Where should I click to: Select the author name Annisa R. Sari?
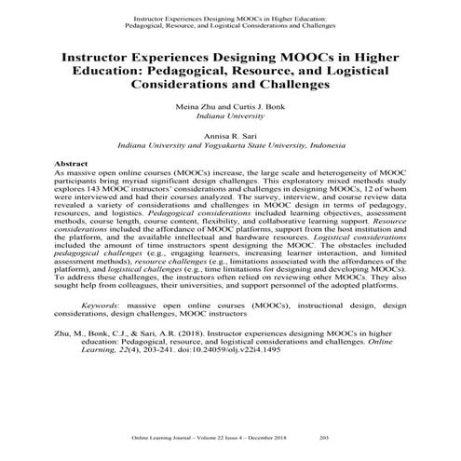click(230, 135)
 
